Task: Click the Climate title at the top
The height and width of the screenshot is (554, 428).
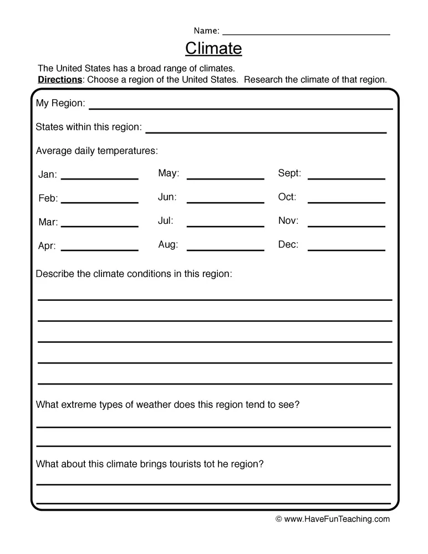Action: pos(213,49)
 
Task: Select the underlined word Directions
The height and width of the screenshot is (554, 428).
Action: pos(60,80)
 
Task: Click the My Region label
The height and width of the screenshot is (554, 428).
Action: pos(60,104)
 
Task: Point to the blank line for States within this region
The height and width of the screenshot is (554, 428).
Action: pos(266,131)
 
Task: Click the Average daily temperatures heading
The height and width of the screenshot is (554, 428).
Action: pos(96,151)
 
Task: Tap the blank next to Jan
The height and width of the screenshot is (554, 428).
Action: pos(99,178)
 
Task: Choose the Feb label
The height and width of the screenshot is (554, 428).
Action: pos(48,198)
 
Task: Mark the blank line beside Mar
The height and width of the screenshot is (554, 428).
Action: pos(99,225)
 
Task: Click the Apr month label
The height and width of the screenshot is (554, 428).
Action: pos(47,246)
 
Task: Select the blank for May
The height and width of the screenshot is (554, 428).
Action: pos(225,178)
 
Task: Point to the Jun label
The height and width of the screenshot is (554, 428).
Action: pos(167,197)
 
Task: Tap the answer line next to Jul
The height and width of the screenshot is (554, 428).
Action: pos(225,225)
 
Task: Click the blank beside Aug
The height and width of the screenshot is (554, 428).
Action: pos(225,249)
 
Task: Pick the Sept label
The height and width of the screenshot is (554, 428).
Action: pos(289,173)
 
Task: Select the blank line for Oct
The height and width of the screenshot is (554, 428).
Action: pos(346,202)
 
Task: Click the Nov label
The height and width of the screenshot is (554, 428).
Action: pos(288,221)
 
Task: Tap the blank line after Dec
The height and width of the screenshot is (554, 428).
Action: pos(346,249)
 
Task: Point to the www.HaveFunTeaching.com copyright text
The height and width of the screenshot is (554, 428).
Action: pos(333,519)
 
